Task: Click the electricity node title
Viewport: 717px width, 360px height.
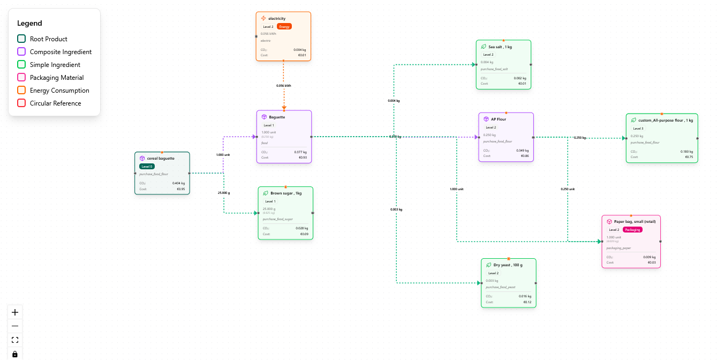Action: [277, 18]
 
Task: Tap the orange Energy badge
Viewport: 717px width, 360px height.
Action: [284, 26]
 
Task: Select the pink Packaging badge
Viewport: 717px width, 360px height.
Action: [632, 229]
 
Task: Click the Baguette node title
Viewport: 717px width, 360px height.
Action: [277, 117]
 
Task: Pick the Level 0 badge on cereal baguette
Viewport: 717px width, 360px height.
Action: [147, 166]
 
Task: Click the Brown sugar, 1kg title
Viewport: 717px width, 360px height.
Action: [286, 193]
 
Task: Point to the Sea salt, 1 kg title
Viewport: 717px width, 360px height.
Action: [500, 47]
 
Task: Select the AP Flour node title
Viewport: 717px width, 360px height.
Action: [499, 119]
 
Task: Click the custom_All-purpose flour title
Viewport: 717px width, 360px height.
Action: [666, 120]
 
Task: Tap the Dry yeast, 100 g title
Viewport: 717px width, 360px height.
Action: [508, 265]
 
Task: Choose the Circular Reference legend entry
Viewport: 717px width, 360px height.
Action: [55, 103]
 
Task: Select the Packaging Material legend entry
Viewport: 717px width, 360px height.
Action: [57, 78]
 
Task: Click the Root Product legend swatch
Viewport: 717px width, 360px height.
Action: [21, 39]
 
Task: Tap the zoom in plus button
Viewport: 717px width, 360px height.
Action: [15, 312]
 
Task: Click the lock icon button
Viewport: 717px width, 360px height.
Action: [15, 354]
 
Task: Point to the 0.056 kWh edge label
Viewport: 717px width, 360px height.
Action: [284, 85]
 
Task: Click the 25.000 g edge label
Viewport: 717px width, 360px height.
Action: [223, 192]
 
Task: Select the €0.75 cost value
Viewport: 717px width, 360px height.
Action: [689, 157]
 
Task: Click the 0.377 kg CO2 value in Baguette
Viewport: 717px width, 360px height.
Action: [300, 152]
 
